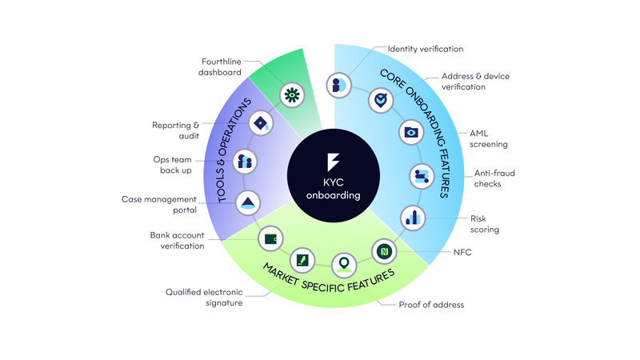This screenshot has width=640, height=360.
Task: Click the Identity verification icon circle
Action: (338, 86)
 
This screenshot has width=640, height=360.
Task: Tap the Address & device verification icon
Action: (381, 101)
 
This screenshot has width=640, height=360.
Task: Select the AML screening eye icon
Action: (411, 132)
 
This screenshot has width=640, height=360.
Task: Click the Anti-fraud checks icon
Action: (422, 176)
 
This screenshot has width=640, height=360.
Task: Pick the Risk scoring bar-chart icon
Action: (413, 218)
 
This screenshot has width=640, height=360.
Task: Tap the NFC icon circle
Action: (384, 251)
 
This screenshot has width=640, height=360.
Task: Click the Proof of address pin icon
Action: (344, 266)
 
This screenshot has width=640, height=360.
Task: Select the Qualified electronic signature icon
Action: (302, 261)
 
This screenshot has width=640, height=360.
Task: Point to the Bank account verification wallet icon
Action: (270, 238)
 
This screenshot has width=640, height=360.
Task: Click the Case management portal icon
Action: (248, 203)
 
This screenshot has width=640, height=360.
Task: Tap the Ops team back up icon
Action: (245, 162)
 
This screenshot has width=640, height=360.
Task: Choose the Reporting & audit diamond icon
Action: (261, 123)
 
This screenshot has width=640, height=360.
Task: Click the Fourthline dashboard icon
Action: (292, 95)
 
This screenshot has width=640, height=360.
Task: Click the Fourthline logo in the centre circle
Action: (333, 162)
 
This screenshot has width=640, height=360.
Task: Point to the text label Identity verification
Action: (426, 49)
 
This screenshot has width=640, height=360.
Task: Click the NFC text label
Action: (462, 252)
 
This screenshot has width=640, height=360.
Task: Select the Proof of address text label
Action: (431, 305)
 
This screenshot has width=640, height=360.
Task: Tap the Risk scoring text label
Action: (485, 224)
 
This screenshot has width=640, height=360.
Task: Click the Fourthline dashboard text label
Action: (220, 67)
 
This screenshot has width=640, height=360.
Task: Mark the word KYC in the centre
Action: (334, 182)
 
